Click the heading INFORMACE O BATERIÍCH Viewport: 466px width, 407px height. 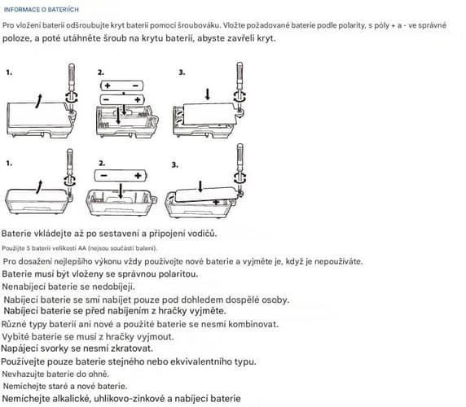coord(42,10)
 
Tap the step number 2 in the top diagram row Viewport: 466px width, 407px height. coord(101,72)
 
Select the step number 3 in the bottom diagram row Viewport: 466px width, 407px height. coord(174,164)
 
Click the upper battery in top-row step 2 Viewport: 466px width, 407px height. coord(122,85)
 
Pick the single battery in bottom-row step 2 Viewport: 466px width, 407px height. coord(121,176)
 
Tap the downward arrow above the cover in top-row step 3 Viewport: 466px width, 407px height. coord(208,94)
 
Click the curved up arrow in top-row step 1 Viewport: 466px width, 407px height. coord(38,101)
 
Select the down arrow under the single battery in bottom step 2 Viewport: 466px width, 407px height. coord(121,191)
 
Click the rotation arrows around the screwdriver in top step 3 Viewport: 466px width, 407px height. coord(240,96)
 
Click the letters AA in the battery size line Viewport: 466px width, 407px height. coord(82,248)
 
